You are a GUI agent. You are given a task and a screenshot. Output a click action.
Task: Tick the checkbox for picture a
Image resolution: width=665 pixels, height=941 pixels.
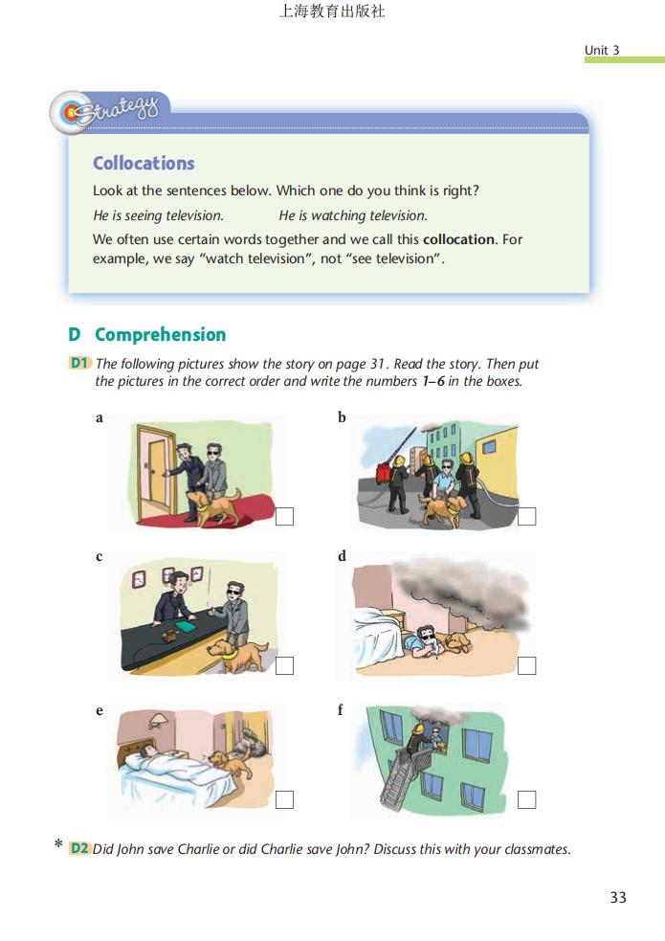coord(284,516)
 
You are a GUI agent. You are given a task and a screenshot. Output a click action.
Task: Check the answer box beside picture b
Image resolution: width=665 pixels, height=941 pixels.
coord(526,516)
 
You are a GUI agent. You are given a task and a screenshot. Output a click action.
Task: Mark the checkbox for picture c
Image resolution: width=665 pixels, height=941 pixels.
coord(284,665)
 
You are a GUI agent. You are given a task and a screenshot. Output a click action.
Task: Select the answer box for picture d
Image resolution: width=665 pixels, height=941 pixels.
coord(526,665)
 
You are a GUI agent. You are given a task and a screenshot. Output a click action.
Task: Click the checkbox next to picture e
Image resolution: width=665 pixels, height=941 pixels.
coord(284,799)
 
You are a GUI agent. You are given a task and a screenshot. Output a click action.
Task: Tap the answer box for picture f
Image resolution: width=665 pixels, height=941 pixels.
coord(526,799)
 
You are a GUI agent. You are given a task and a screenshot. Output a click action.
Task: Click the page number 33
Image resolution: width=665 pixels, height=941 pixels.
coord(618,897)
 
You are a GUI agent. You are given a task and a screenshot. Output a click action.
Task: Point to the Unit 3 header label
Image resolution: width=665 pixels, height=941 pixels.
coord(602,50)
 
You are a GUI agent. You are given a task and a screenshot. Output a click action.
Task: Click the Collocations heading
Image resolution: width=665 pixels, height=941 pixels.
coord(144,164)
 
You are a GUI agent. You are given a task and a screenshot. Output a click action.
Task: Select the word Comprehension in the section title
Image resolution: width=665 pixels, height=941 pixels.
coord(160,334)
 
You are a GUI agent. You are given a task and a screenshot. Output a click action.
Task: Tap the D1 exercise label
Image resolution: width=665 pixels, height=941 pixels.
coord(79,363)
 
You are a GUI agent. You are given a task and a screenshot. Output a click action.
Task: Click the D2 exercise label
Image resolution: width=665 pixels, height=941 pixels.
coord(79,848)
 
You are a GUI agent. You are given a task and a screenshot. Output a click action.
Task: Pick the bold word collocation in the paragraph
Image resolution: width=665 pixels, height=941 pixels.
coord(458,239)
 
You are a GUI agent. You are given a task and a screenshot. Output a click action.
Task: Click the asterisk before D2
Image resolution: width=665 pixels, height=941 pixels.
coord(58,843)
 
